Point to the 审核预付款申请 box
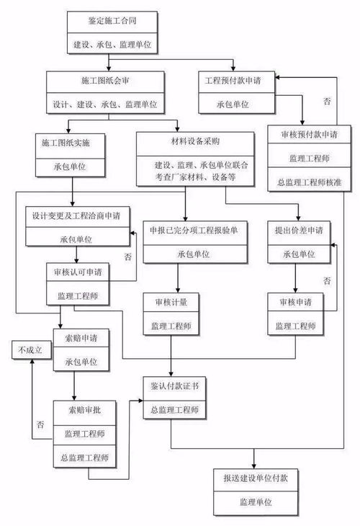coord(310,135)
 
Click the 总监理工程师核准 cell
coord(310,180)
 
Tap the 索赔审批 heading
coord(83,409)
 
